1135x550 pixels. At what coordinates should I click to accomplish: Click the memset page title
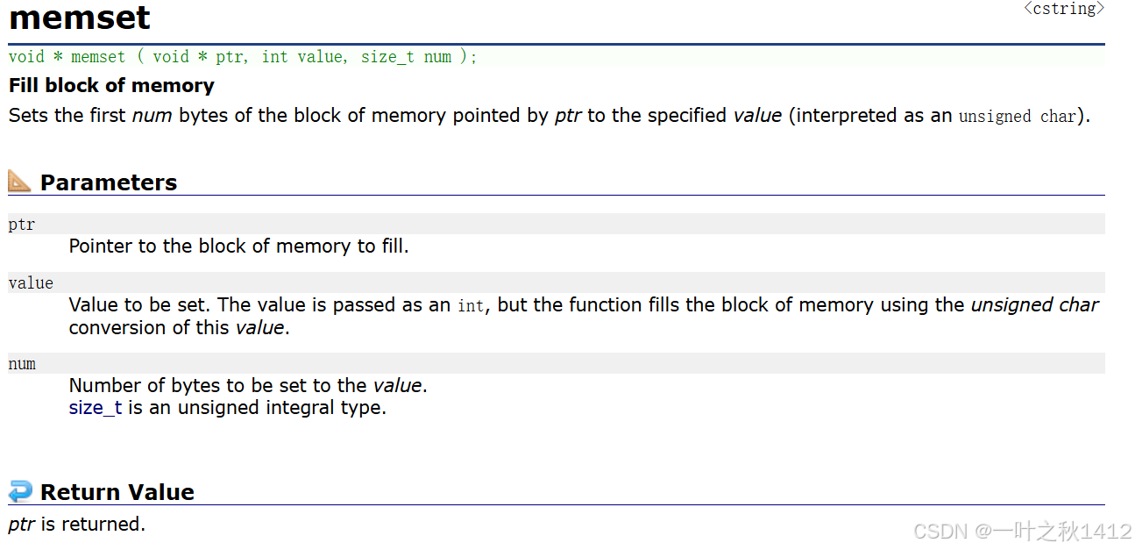pyautogui.click(x=80, y=18)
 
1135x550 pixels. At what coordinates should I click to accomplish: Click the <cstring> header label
pyautogui.click(x=1064, y=10)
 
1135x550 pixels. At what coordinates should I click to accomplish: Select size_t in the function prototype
pyautogui.click(x=387, y=57)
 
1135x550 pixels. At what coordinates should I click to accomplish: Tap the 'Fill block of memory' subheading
pyautogui.click(x=111, y=86)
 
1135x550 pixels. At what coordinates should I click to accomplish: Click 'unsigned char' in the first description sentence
pyautogui.click(x=1017, y=117)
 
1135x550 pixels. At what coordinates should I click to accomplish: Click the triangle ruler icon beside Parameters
pyautogui.click(x=19, y=182)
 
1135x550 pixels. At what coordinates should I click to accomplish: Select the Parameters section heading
pyautogui.click(x=109, y=182)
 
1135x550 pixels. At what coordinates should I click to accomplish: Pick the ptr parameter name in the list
pyautogui.click(x=22, y=225)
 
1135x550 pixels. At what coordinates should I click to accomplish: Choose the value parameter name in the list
pyautogui.click(x=31, y=283)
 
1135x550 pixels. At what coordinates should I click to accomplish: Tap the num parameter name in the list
pyautogui.click(x=22, y=364)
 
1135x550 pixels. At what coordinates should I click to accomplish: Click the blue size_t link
pyautogui.click(x=95, y=408)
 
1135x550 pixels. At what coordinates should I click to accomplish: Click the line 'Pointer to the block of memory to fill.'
pyautogui.click(x=238, y=246)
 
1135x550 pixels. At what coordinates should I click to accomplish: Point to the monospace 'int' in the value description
pyautogui.click(x=470, y=306)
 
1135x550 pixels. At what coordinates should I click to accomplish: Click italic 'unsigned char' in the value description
pyautogui.click(x=1034, y=305)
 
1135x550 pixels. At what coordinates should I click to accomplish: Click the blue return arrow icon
pyautogui.click(x=19, y=491)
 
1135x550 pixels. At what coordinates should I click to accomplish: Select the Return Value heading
pyautogui.click(x=117, y=492)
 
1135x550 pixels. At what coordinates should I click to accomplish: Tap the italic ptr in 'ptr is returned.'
pyautogui.click(x=22, y=525)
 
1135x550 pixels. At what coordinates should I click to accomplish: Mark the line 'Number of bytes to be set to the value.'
pyautogui.click(x=248, y=385)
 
